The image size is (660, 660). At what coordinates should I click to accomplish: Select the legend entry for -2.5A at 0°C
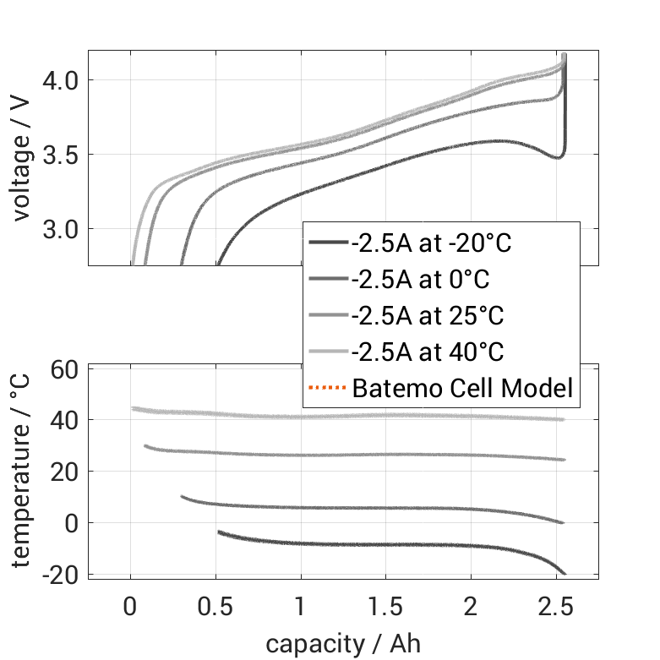tap(420, 280)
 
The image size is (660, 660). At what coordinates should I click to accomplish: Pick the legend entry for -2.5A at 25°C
tap(427, 316)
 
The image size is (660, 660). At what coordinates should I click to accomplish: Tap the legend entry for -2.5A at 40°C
tap(427, 352)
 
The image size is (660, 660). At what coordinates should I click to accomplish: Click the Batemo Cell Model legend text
tap(462, 389)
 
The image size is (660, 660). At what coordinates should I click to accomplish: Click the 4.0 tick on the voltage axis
tap(62, 80)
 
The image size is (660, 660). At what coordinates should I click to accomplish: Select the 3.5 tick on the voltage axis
tap(62, 155)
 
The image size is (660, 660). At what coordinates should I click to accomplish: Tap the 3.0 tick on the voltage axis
tap(62, 229)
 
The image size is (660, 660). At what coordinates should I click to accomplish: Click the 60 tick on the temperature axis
tap(66, 369)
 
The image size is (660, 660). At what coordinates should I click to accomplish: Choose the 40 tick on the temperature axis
tap(66, 420)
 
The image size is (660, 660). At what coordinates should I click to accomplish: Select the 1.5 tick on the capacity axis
tap(386, 607)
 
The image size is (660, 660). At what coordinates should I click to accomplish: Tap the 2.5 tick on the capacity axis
tap(556, 607)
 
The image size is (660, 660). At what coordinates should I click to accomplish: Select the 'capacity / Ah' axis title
tap(342, 644)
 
